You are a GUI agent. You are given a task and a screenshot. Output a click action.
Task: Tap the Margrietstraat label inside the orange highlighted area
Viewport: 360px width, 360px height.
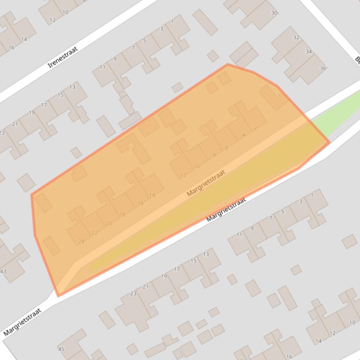point(206,183)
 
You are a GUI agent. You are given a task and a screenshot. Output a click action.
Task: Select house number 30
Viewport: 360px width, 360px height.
point(274,13)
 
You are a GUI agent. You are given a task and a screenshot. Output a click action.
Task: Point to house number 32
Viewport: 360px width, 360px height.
point(296,37)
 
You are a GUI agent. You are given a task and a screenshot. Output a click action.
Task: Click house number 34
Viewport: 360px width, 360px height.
point(309,51)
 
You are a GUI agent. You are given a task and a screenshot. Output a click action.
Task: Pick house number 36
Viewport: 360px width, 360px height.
point(323,69)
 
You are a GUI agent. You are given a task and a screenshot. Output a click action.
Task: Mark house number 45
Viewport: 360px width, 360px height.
point(61,349)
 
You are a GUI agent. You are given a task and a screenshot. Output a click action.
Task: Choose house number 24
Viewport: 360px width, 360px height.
point(81,242)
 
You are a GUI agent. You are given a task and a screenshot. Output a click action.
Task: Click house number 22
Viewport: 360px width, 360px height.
point(95,232)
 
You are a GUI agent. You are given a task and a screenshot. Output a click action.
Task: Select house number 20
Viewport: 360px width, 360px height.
point(109,223)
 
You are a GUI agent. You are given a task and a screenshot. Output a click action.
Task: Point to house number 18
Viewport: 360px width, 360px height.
point(122,215)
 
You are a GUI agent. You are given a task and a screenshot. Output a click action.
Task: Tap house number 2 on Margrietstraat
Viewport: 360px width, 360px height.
point(256,128)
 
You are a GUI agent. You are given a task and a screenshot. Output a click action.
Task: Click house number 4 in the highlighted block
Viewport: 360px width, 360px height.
point(244,136)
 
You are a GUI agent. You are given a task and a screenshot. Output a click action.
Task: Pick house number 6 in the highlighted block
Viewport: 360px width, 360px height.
point(227,148)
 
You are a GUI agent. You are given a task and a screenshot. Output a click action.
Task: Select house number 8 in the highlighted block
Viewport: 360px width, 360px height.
point(214,155)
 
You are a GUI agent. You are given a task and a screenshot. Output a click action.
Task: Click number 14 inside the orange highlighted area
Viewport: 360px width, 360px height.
point(152,195)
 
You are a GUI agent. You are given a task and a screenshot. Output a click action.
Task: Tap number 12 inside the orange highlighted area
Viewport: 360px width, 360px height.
point(183,175)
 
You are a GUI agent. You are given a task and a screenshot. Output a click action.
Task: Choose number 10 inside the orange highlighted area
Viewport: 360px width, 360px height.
point(196,166)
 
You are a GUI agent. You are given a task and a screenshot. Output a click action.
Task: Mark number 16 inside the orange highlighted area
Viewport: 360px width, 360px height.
point(140,203)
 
